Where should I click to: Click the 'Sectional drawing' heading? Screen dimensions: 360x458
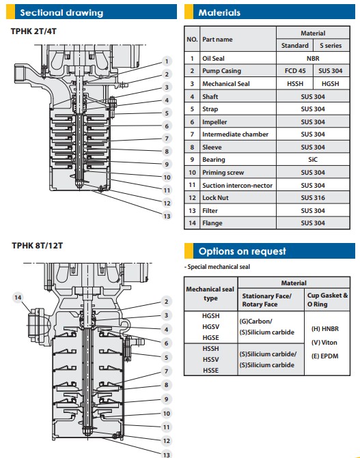pyautogui.click(x=61, y=12)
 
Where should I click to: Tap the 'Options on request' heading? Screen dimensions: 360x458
pyautogui.click(x=242, y=251)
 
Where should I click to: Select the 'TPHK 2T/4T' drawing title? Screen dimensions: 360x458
pyautogui.click(x=33, y=31)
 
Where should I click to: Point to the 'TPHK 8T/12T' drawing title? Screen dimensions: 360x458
pyautogui.click(x=38, y=245)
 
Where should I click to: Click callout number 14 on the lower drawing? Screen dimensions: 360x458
pyautogui.click(x=18, y=298)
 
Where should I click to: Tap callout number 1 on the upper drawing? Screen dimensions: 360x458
pyautogui.click(x=167, y=61)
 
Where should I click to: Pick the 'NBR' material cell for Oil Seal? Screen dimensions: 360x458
pyautogui.click(x=313, y=59)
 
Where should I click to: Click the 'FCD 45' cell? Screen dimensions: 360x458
pyautogui.click(x=295, y=71)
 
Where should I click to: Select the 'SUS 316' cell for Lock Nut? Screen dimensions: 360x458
pyautogui.click(x=313, y=198)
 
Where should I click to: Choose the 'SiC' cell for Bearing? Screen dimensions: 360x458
pyautogui.click(x=313, y=160)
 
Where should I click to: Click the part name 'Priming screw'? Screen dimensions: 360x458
pyautogui.click(x=223, y=172)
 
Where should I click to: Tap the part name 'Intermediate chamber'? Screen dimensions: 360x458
pyautogui.click(x=235, y=134)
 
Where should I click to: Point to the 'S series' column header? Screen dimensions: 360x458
pyautogui.click(x=331, y=46)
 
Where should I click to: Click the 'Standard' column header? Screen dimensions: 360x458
pyautogui.click(x=295, y=46)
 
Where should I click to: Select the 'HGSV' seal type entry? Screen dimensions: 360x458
pyautogui.click(x=210, y=326)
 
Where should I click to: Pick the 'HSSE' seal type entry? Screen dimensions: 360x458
pyautogui.click(x=210, y=371)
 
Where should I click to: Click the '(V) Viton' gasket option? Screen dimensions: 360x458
pyautogui.click(x=324, y=343)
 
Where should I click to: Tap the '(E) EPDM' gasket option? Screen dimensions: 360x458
pyautogui.click(x=324, y=356)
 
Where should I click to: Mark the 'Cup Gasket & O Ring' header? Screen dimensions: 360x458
pyautogui.click(x=327, y=300)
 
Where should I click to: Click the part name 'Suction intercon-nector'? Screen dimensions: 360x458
pyautogui.click(x=237, y=185)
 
